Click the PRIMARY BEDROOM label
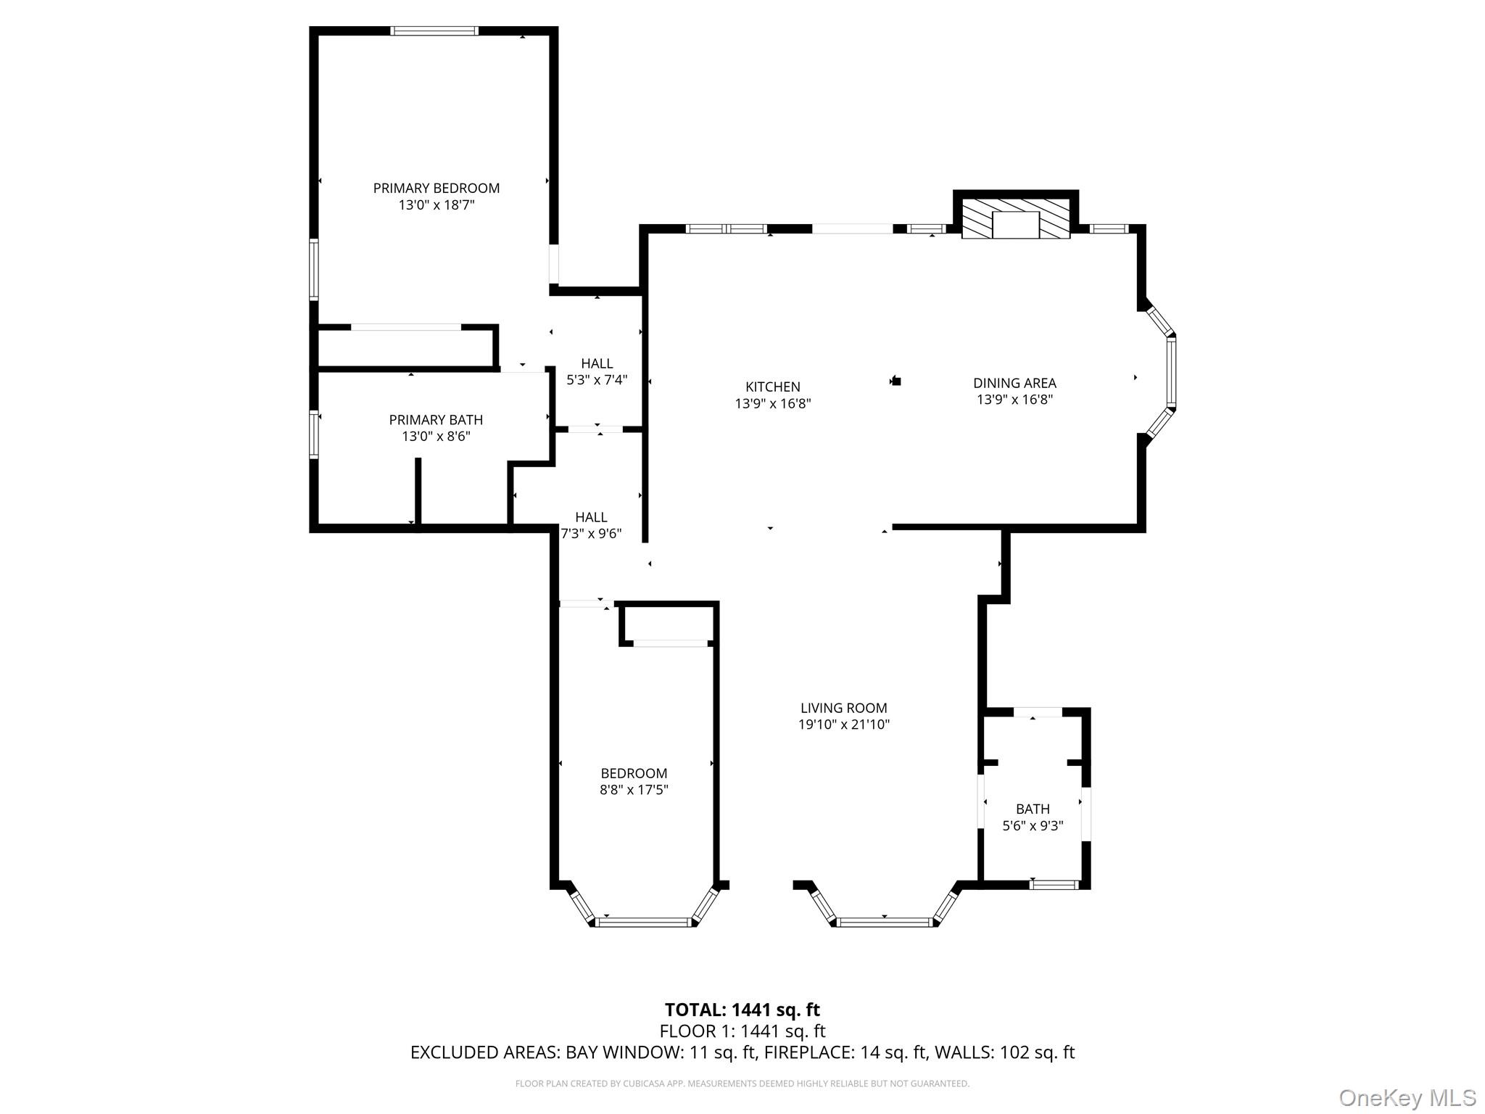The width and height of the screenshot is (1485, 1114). (x=436, y=188)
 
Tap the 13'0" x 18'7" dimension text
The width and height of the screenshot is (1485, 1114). (x=436, y=205)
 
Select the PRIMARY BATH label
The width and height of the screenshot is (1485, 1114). (x=436, y=420)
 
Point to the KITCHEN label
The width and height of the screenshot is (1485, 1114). (x=772, y=387)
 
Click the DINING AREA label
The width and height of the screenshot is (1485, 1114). (x=1014, y=383)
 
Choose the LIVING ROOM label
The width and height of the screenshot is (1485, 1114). (x=843, y=708)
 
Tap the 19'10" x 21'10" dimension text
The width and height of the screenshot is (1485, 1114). (x=843, y=725)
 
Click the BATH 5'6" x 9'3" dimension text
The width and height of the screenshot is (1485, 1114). (x=1032, y=825)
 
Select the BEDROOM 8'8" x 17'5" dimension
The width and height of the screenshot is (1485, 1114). (x=633, y=790)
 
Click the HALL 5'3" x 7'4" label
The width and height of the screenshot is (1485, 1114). (x=596, y=363)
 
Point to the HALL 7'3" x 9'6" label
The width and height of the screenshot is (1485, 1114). (x=591, y=517)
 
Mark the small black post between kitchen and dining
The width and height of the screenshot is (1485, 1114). (x=896, y=380)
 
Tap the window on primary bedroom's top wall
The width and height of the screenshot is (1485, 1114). (x=434, y=30)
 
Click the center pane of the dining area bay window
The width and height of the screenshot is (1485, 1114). (x=1171, y=372)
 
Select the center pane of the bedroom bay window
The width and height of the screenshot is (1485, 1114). (x=643, y=923)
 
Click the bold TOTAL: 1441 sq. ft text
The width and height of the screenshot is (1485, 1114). (x=742, y=1010)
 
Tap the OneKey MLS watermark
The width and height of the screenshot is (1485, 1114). (x=1407, y=1097)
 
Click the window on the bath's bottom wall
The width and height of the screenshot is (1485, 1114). (x=1054, y=884)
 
